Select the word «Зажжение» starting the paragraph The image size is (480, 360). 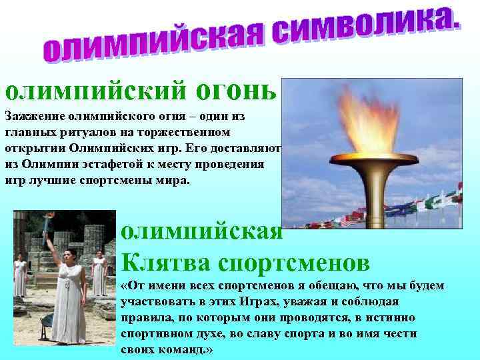[34, 116]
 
